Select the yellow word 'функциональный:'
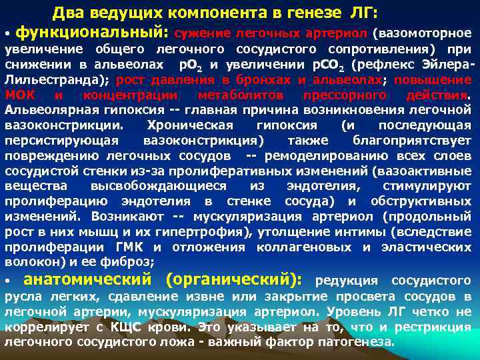pos(92,31)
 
